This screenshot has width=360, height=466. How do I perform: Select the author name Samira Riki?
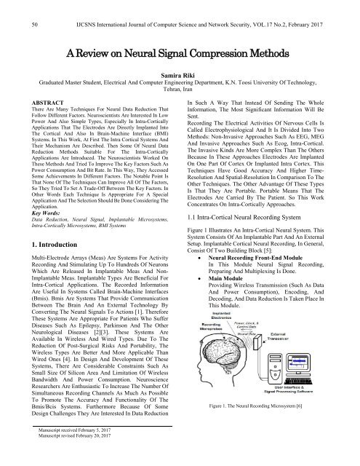coord(180,86)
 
